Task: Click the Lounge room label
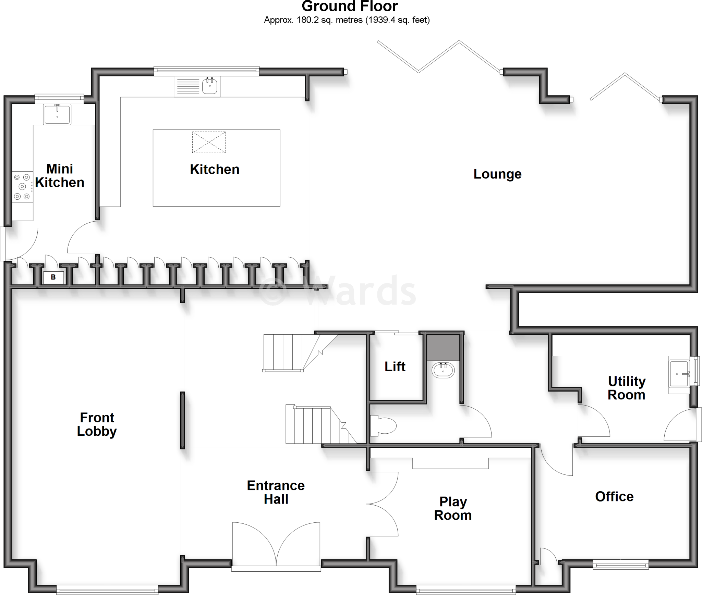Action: pos(497,174)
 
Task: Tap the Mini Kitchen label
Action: pos(60,176)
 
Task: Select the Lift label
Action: pos(395,367)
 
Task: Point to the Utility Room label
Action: pos(627,388)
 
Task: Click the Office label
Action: pos(614,497)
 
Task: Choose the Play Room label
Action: pos(453,509)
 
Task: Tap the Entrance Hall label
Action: pos(276,492)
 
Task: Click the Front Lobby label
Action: pos(97,424)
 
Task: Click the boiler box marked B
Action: pos(53,277)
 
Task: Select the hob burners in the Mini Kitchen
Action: pos(22,187)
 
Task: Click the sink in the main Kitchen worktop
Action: pos(209,86)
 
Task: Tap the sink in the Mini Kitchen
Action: pos(57,114)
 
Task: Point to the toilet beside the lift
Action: pos(384,426)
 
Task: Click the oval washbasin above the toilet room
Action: pos(444,370)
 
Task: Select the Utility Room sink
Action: pos(679,373)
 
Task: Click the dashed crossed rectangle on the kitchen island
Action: pos(209,142)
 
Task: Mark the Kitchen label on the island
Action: pos(215,170)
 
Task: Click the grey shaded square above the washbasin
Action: pos(443,348)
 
